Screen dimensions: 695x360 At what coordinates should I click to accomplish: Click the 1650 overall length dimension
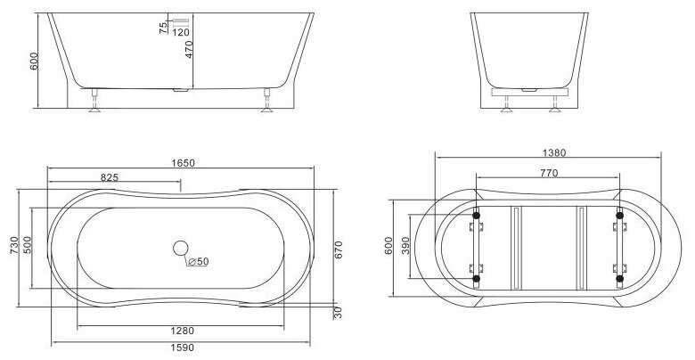click(183, 163)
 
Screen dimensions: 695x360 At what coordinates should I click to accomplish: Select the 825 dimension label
click(110, 177)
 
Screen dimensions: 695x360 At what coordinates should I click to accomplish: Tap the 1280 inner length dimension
click(182, 331)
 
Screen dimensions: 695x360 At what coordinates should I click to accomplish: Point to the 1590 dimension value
click(182, 348)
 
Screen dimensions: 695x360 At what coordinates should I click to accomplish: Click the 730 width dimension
click(13, 246)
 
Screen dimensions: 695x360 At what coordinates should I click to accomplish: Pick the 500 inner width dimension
click(28, 245)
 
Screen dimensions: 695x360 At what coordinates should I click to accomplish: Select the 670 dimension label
click(339, 250)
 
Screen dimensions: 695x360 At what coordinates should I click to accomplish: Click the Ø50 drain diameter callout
click(198, 262)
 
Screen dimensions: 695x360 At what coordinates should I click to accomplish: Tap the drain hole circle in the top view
click(180, 248)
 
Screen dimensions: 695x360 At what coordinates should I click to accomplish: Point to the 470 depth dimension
click(189, 49)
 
